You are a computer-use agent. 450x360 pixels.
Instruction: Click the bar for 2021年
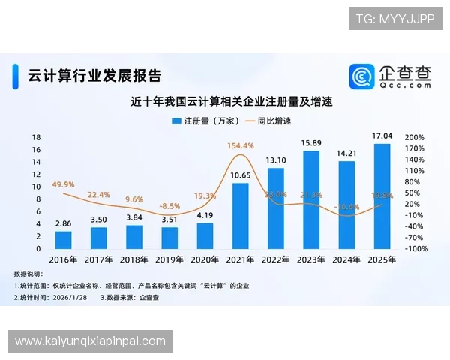click(x=240, y=216)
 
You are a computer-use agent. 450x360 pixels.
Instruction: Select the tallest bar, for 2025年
click(x=382, y=196)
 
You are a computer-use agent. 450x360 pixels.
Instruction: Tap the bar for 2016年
click(x=64, y=240)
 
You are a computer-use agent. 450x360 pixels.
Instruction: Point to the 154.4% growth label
click(x=240, y=145)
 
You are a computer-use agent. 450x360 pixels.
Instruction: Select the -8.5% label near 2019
click(x=169, y=205)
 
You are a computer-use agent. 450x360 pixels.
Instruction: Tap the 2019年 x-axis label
click(x=169, y=259)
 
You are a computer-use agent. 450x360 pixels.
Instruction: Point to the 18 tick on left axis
click(x=36, y=138)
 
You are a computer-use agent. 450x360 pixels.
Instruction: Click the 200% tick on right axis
click(x=415, y=138)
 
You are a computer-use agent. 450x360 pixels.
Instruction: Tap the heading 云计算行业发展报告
click(x=94, y=75)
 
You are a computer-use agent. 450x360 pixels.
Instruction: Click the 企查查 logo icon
click(x=361, y=76)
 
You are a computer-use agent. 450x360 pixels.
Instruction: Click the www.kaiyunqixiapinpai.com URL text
click(x=90, y=341)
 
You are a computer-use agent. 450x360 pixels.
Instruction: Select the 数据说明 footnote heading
click(x=29, y=274)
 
